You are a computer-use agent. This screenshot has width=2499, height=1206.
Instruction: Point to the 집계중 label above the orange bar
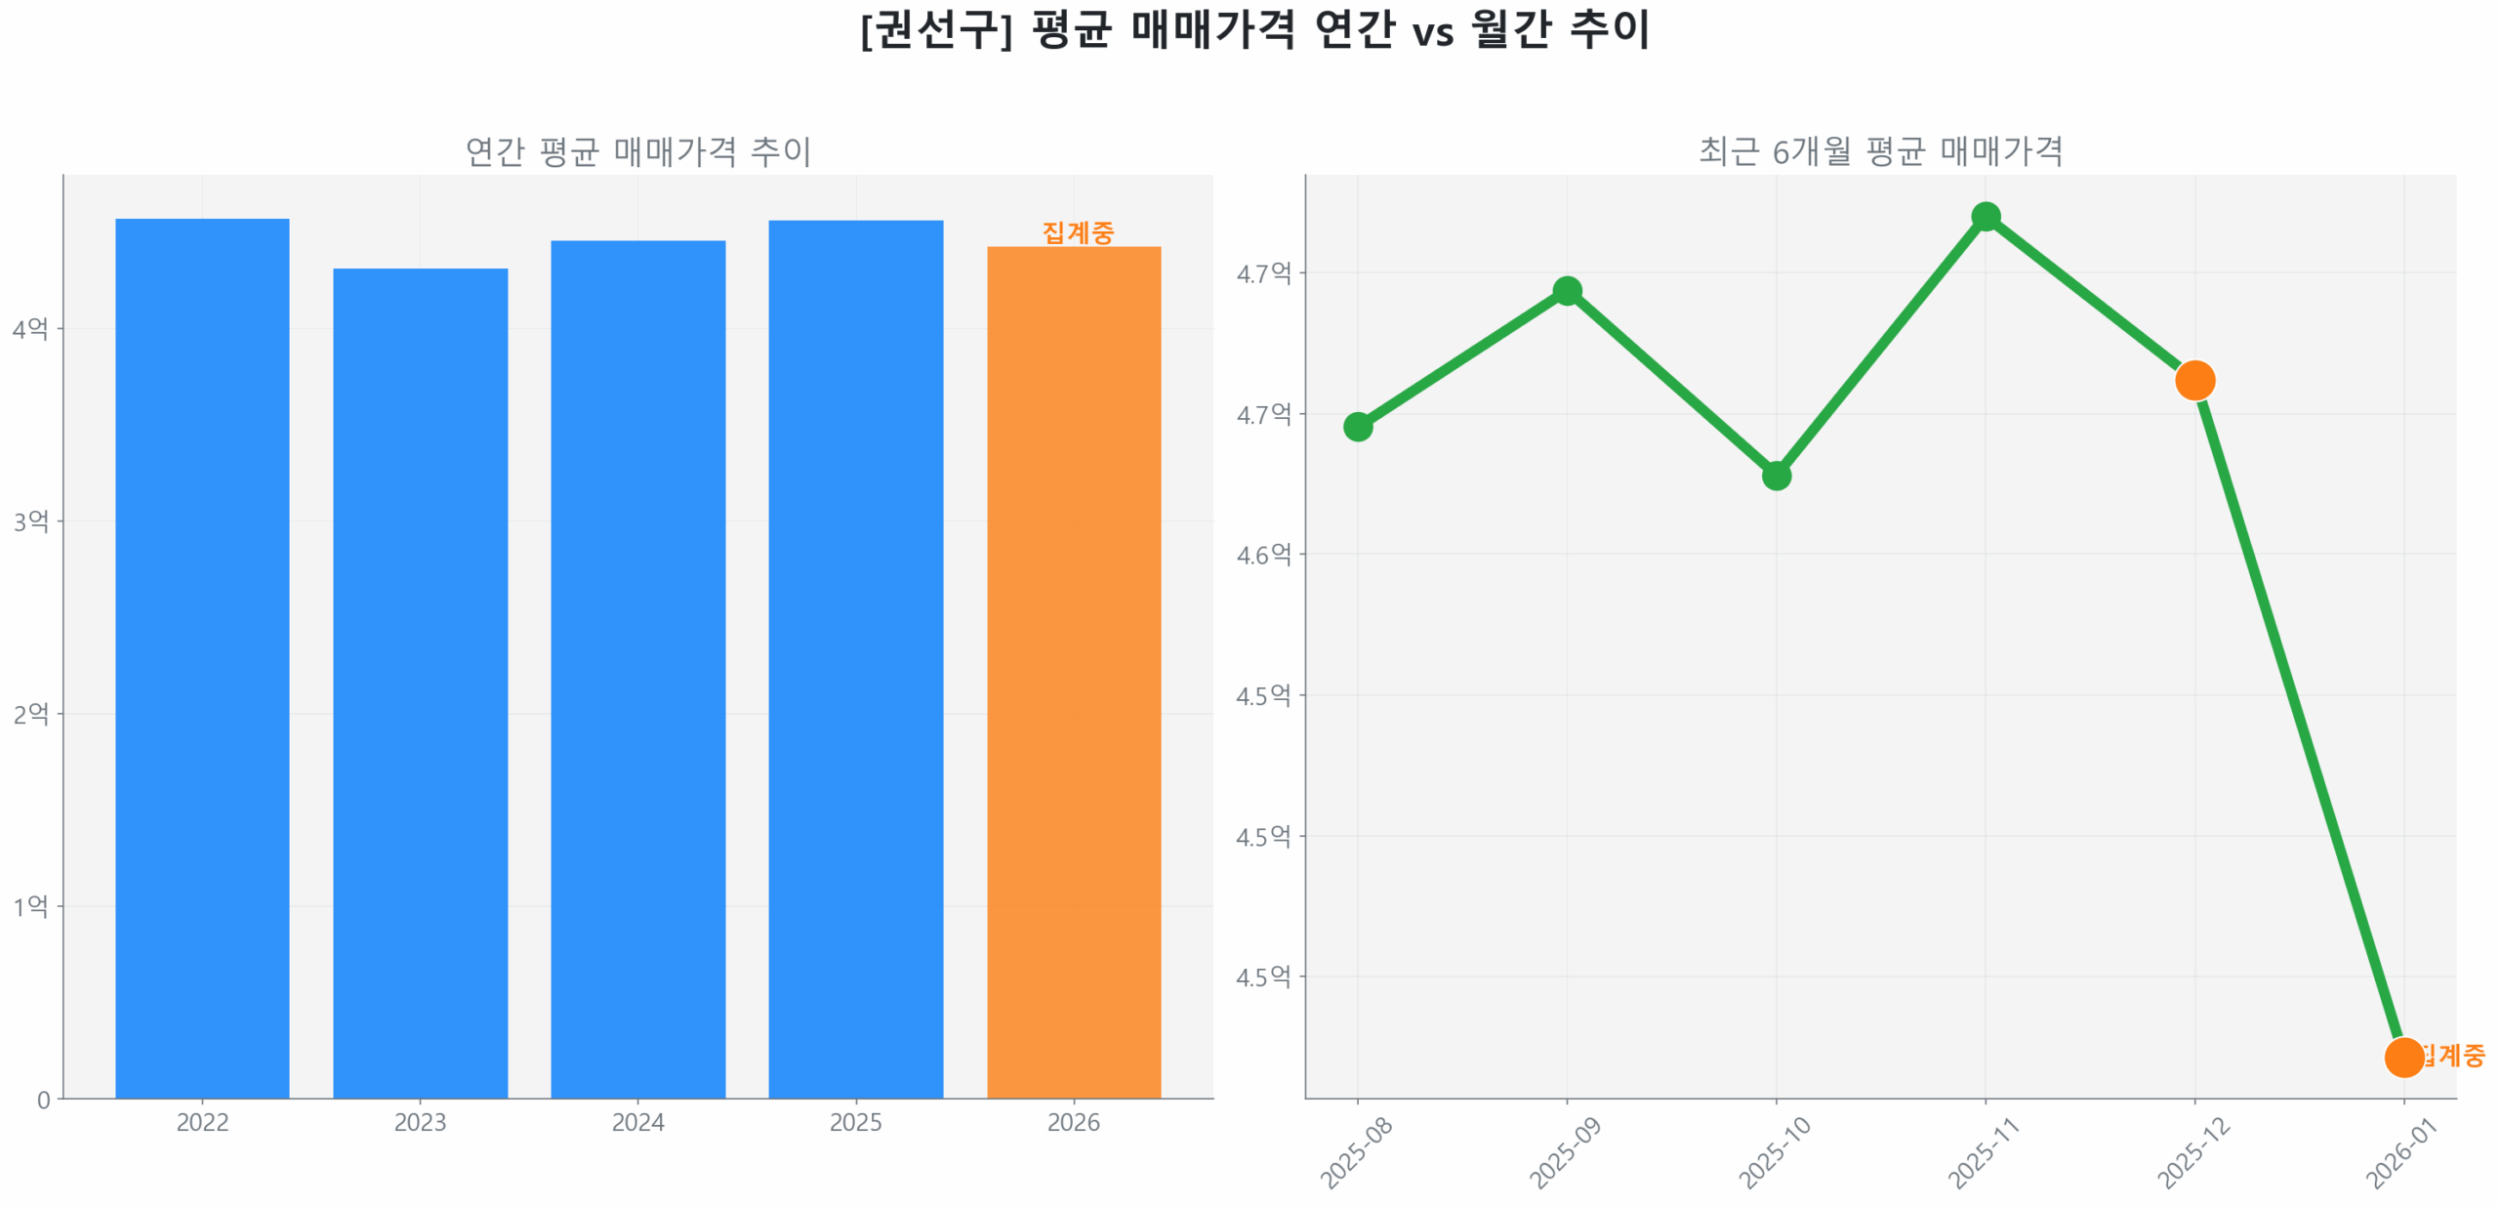click(1077, 232)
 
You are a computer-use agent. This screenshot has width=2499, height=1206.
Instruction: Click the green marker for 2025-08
click(1357, 426)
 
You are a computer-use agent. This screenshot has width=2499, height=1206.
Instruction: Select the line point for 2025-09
click(1566, 290)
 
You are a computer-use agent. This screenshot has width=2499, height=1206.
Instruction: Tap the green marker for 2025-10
click(1775, 475)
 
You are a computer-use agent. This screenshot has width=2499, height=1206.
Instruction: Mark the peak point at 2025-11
click(1984, 216)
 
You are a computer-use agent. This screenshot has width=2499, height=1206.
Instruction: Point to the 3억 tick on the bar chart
click(30, 520)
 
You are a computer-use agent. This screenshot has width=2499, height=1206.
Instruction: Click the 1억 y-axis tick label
click(30, 905)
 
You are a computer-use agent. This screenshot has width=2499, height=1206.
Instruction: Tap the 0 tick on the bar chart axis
click(43, 1100)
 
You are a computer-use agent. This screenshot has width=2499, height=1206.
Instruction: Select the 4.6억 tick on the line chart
click(1262, 554)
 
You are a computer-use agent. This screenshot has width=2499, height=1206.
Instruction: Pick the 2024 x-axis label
click(637, 1122)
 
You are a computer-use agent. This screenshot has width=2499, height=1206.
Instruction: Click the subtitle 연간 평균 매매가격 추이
click(637, 151)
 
